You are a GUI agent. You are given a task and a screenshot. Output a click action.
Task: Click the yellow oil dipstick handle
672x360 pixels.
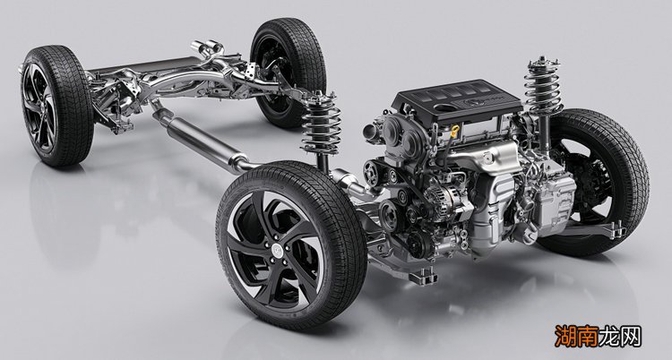(454, 130)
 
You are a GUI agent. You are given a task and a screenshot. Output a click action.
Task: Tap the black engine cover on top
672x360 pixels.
(457, 101)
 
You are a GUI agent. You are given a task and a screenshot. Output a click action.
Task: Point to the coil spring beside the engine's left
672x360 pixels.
(322, 124)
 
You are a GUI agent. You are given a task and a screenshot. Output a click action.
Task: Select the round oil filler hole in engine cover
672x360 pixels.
(446, 108)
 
